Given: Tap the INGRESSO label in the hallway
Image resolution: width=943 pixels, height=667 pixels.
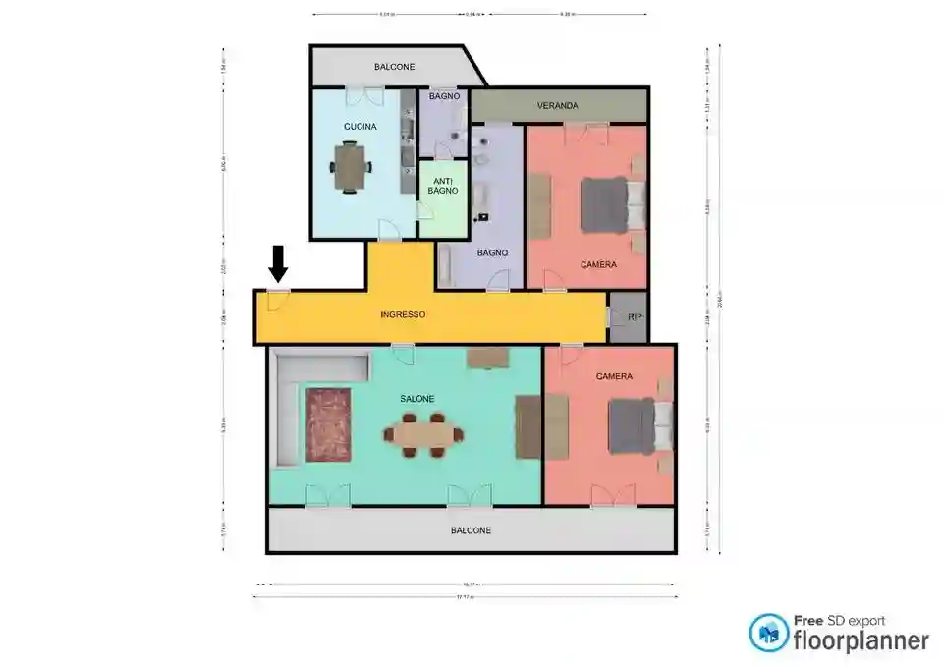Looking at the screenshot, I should [x=403, y=315].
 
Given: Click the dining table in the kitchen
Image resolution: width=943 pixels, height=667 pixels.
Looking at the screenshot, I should [x=349, y=166].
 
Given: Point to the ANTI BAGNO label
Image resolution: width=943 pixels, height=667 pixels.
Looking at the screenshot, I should [x=442, y=184].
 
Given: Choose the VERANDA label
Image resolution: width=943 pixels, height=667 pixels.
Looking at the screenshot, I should [x=557, y=105].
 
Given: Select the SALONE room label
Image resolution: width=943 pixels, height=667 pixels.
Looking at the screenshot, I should [x=416, y=398].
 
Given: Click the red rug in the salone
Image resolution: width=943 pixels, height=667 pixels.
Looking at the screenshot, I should [x=328, y=425].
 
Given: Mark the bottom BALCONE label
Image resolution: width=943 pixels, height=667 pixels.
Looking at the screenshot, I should [x=471, y=530].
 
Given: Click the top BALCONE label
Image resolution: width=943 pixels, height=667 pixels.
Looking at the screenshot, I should [x=394, y=67].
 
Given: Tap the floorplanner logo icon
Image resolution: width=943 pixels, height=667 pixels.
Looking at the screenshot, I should [x=769, y=633].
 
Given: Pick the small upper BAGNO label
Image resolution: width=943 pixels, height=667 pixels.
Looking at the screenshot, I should [x=444, y=95].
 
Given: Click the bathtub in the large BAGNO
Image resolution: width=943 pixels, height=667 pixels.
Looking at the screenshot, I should [x=446, y=265].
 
